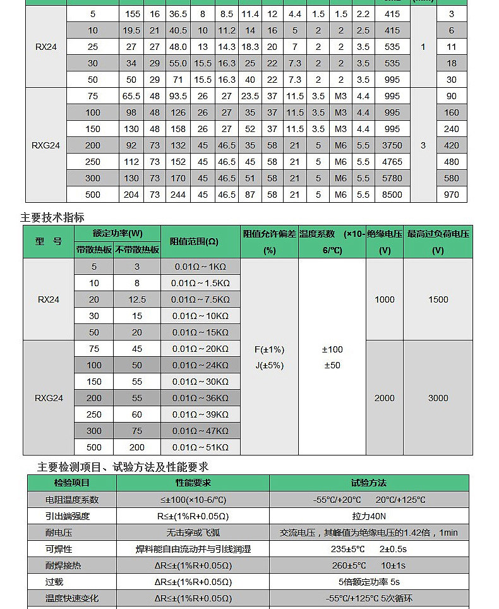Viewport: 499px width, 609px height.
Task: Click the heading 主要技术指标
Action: (52, 217)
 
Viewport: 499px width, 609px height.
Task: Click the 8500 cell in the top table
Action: (392, 195)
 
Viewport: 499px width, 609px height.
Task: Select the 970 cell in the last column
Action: (451, 195)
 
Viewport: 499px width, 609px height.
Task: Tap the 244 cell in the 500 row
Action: (178, 195)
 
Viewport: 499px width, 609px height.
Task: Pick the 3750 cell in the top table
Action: (392, 145)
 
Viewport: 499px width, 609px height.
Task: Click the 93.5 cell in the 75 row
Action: (178, 96)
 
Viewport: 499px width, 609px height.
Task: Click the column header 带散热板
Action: (93, 250)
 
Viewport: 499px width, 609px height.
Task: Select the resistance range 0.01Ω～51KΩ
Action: (200, 447)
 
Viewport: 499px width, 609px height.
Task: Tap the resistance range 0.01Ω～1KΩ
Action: (200, 267)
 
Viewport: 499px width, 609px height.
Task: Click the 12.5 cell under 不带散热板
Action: (137, 299)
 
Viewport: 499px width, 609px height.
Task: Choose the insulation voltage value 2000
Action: (384, 398)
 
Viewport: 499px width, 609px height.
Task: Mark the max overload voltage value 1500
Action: (438, 299)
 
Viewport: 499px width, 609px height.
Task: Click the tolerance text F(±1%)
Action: (269, 349)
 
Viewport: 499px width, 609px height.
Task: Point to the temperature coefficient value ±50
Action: (332, 366)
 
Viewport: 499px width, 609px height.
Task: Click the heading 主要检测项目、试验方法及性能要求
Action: (123, 467)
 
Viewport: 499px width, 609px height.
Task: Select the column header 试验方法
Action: (368, 483)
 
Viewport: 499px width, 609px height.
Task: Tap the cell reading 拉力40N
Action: (370, 516)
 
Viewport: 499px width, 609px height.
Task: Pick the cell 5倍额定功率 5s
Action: (369, 582)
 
